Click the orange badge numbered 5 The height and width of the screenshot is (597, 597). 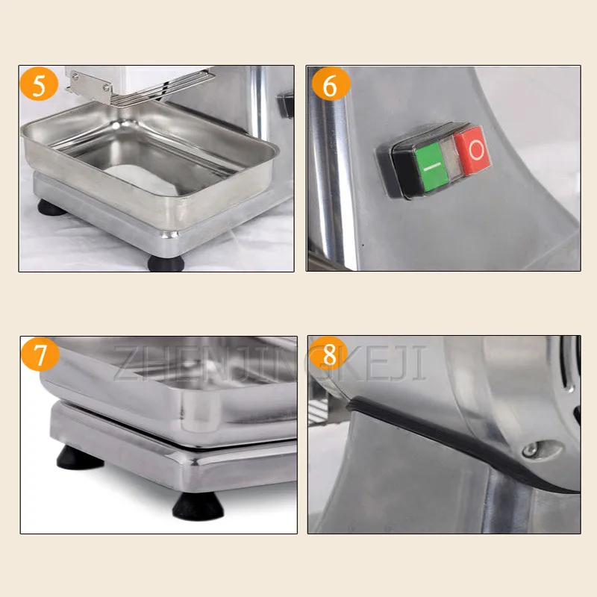(x=39, y=84)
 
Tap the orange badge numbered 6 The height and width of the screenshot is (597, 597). (x=331, y=84)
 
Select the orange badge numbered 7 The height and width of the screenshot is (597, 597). (x=40, y=354)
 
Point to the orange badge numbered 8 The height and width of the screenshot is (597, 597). (x=329, y=354)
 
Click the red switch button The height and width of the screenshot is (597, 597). (x=472, y=151)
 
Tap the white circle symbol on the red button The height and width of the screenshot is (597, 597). (x=476, y=150)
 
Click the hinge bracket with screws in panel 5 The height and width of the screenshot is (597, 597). (x=90, y=87)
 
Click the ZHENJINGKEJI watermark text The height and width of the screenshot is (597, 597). (x=269, y=363)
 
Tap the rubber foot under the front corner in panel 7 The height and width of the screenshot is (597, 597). (x=198, y=506)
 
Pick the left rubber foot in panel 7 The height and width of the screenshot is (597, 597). (x=79, y=457)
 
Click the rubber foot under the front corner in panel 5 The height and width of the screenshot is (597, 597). (x=166, y=263)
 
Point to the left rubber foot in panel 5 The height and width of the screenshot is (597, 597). (x=51, y=208)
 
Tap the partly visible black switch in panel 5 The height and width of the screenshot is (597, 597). (x=286, y=104)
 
